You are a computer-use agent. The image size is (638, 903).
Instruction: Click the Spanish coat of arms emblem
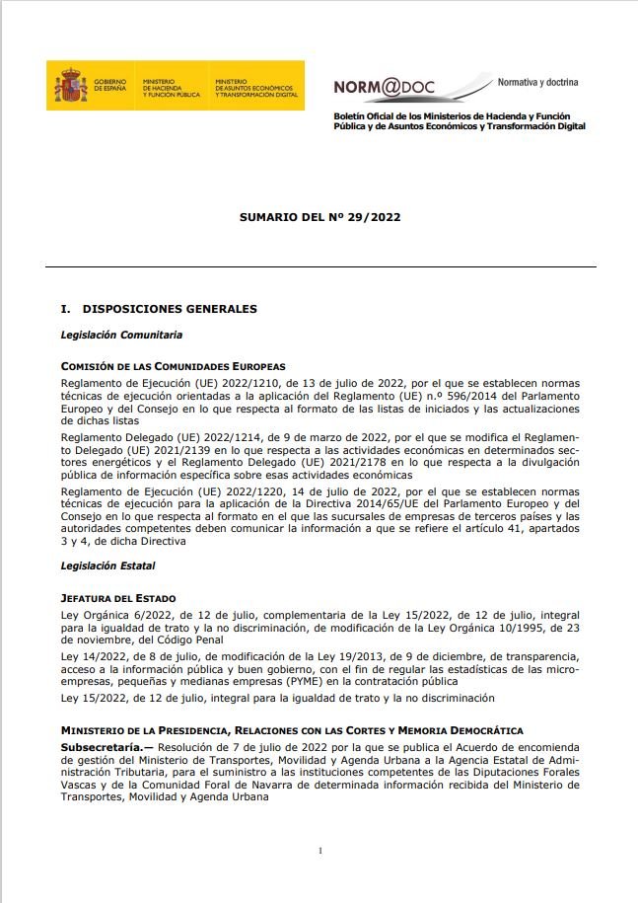pyautogui.click(x=69, y=85)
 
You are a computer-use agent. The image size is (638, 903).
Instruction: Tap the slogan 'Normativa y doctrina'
pyautogui.click(x=537, y=81)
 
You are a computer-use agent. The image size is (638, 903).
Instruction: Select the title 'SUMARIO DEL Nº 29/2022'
pyautogui.click(x=319, y=216)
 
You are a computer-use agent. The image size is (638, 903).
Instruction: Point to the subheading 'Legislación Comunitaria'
pyautogui.click(x=121, y=336)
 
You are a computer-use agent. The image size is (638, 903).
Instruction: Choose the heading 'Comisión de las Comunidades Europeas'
pyautogui.click(x=173, y=366)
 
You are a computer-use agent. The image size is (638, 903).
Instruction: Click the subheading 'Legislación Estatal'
pyautogui.click(x=107, y=566)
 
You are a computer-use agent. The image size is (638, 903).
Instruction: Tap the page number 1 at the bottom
pyautogui.click(x=320, y=850)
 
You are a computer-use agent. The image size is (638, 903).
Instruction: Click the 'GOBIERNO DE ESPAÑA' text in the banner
pyautogui.click(x=110, y=85)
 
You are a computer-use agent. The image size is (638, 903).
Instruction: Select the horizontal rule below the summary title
pyautogui.click(x=320, y=266)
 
